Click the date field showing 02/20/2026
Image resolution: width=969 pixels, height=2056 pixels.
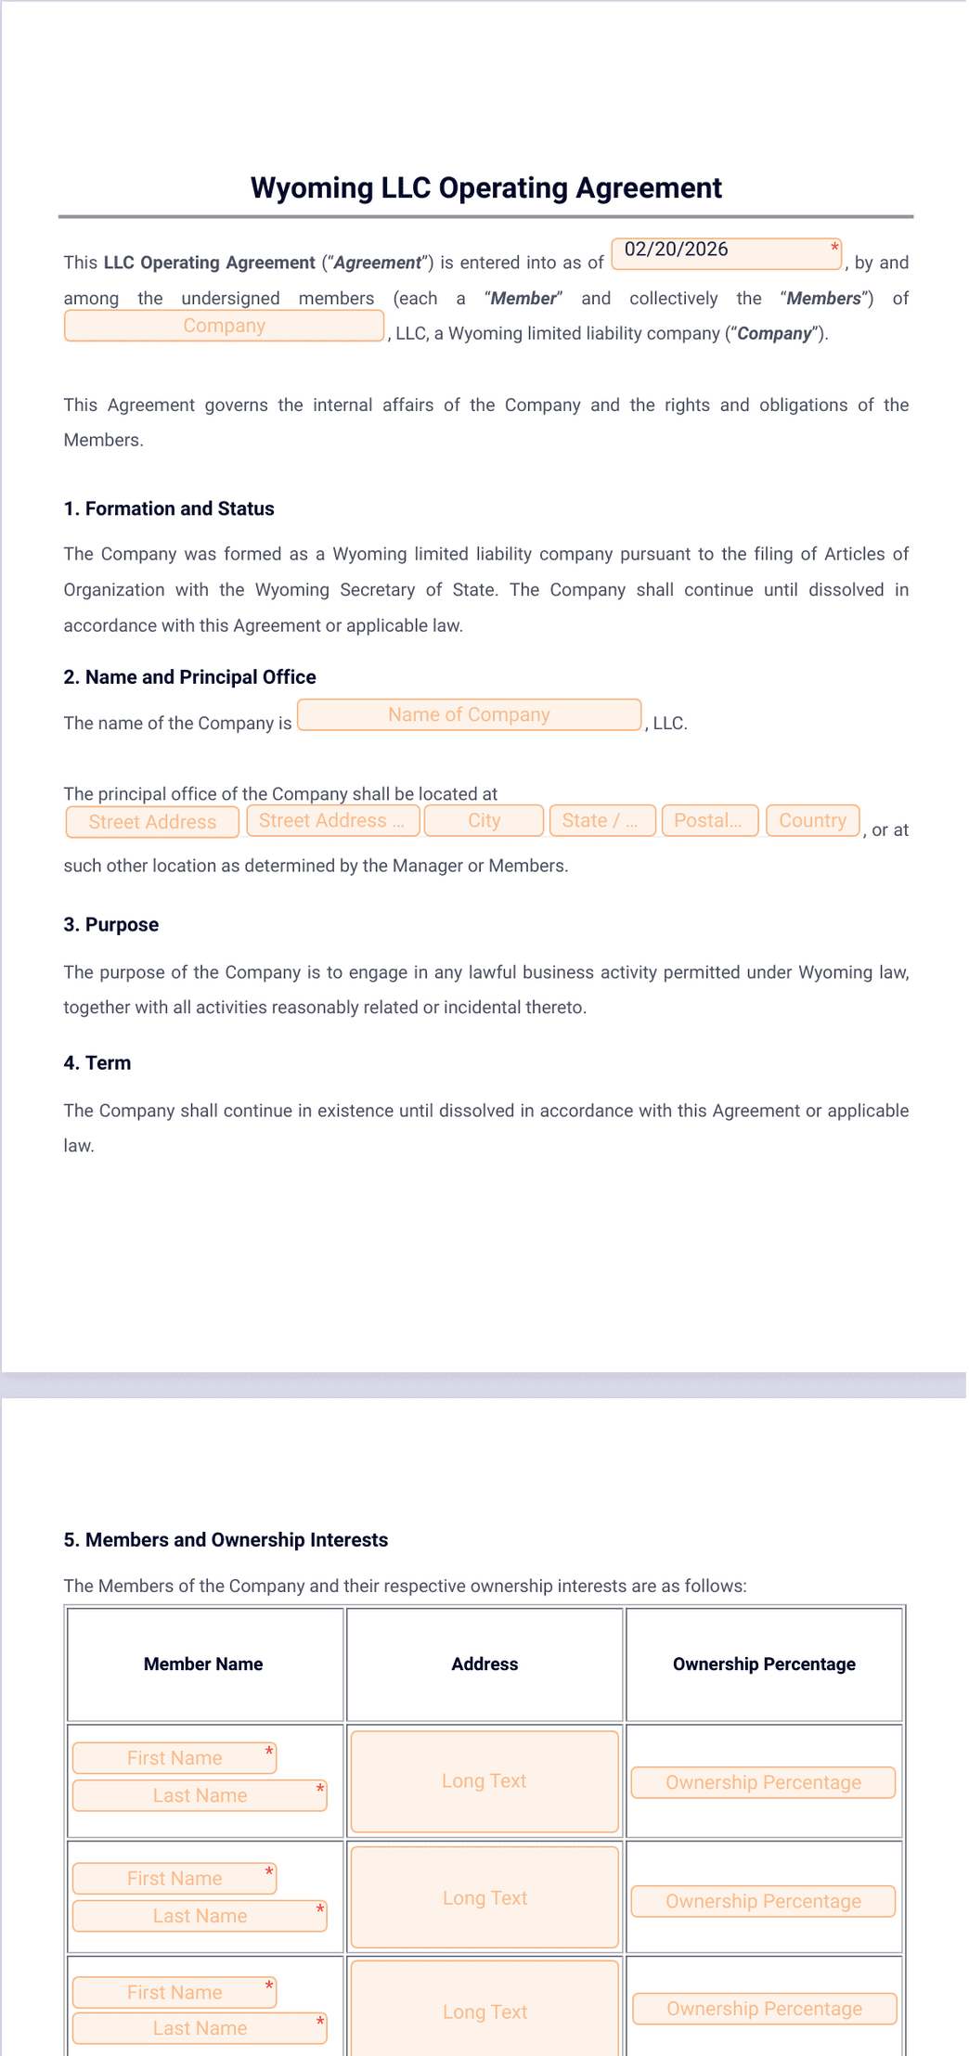726,252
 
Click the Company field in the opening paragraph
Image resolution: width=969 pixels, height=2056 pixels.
224,326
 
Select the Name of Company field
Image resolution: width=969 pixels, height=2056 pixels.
469,714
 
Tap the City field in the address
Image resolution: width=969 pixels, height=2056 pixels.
484,821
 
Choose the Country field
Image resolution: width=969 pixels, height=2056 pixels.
812,821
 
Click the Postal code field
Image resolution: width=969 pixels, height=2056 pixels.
709,821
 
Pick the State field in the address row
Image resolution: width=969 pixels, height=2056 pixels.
601,821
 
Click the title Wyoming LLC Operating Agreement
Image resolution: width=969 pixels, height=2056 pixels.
485,188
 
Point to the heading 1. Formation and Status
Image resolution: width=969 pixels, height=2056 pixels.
169,508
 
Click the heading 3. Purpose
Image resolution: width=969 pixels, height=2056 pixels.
111,925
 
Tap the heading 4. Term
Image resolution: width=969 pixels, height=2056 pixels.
97,1063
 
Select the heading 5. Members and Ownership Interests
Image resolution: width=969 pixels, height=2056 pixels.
226,1540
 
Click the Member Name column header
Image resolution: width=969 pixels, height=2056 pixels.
203,1664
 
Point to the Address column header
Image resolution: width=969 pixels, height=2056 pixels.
484,1664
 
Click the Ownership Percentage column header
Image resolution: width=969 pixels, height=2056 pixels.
764,1664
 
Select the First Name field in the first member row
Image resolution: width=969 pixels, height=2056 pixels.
174,1758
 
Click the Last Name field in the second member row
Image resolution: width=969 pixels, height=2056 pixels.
200,1916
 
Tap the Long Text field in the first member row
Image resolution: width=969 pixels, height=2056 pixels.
484,1781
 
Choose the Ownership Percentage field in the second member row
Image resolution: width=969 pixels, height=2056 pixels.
763,1901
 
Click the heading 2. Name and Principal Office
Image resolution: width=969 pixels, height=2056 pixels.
190,677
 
